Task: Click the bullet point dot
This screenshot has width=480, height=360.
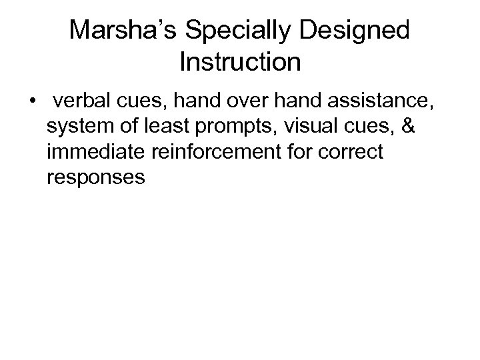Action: click(32, 103)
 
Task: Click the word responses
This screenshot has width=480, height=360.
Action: click(97, 177)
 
